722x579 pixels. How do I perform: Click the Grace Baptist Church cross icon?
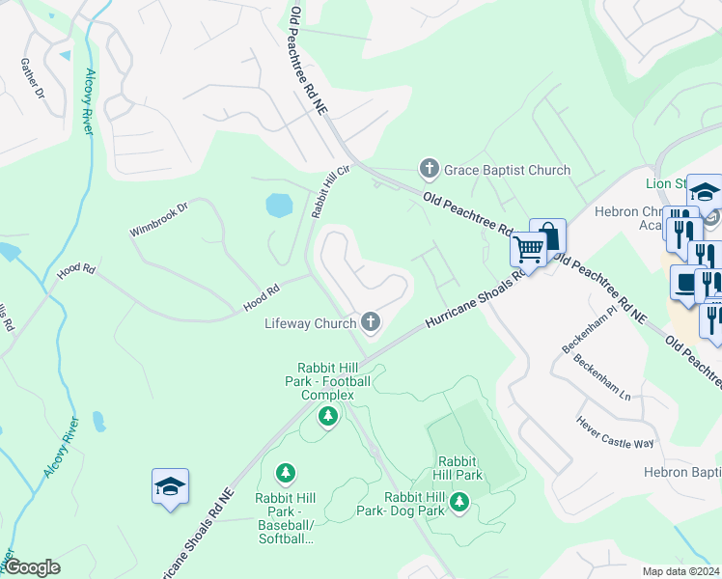coord(430,170)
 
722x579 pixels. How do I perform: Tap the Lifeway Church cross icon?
coord(370,322)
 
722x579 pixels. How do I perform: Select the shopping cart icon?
coord(528,249)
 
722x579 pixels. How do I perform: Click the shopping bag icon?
coord(547,235)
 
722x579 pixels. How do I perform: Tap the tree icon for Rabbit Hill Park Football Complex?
coord(328,416)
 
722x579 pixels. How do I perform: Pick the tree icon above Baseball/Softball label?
coord(285,473)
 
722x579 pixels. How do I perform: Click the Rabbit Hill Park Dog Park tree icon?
coord(459,501)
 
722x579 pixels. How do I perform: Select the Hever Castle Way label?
coord(616,431)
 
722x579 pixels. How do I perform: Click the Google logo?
coord(32,567)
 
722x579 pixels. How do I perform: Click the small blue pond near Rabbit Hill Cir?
coord(278,205)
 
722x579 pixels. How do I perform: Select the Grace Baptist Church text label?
coord(507,170)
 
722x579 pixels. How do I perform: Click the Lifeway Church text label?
coord(311,323)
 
